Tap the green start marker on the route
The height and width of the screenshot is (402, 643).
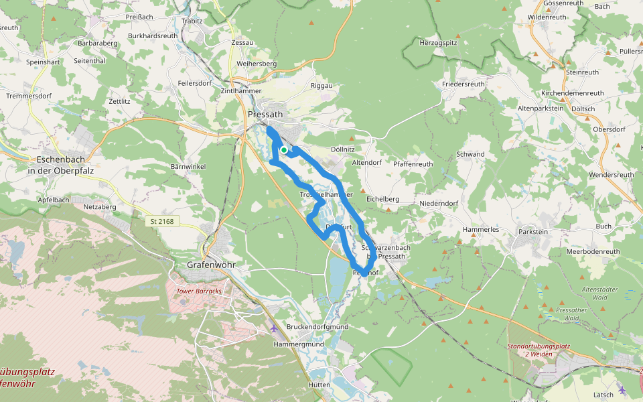284,150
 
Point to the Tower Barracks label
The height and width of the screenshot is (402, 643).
198,291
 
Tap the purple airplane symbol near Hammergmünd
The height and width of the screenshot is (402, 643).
273,328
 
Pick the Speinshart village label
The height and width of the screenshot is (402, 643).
44,61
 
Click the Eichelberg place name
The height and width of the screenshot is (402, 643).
383,199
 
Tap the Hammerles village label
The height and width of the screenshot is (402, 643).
481,229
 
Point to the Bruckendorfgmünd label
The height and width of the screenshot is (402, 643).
317,326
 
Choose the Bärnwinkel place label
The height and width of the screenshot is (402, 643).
188,166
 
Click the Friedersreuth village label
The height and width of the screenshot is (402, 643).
463,84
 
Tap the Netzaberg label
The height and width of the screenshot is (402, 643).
99,208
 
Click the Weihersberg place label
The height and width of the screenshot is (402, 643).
257,64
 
